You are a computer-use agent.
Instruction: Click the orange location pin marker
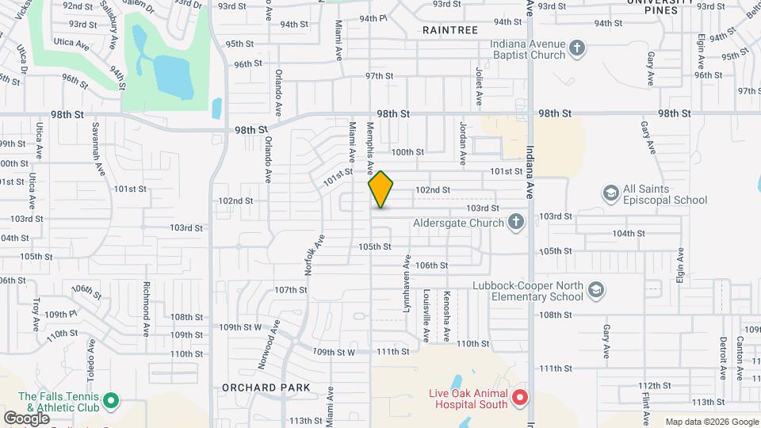tap(381, 189)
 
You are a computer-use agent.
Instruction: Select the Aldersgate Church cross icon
tap(516, 223)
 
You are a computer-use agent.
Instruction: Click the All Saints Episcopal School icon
tap(610, 194)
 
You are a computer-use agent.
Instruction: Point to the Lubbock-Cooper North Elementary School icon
tap(595, 292)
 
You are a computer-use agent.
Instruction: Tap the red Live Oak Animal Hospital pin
tap(519, 397)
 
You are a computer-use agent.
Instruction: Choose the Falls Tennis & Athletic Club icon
tap(112, 402)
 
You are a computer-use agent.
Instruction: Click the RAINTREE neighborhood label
tap(449, 29)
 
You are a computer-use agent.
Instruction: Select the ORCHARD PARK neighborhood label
tap(266, 388)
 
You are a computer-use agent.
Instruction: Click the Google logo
tap(26, 418)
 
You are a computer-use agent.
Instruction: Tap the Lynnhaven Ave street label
tap(407, 282)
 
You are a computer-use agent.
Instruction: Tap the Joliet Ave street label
tap(479, 86)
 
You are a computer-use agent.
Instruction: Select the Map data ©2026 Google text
tap(712, 422)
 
